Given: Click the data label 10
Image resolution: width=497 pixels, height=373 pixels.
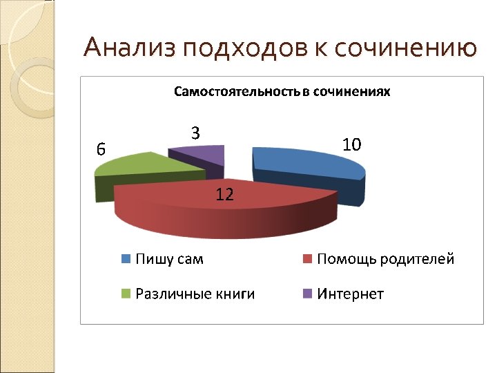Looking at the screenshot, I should click(x=351, y=144).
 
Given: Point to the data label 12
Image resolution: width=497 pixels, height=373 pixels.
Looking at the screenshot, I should click(x=224, y=195).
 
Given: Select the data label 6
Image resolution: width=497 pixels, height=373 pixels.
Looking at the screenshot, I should click(x=101, y=149).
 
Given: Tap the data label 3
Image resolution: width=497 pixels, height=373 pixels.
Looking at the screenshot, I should click(x=195, y=134).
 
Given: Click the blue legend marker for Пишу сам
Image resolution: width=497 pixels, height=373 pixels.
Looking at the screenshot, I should click(x=126, y=260).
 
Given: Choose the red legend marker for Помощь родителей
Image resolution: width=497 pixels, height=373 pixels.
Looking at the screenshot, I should click(x=308, y=260).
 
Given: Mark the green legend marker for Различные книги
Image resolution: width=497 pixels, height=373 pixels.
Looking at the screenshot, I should click(x=126, y=294).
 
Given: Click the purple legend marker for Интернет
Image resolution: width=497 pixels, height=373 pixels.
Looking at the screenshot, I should click(x=308, y=294).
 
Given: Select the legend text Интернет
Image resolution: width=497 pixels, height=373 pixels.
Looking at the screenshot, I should click(x=350, y=294).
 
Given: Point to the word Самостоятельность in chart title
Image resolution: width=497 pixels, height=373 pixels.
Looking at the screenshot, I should click(x=236, y=91).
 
